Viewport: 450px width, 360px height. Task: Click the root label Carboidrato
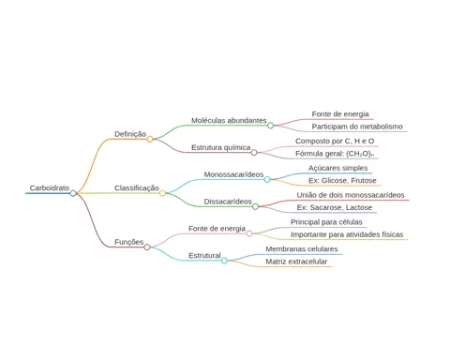(x=50, y=188)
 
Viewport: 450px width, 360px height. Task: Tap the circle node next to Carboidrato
(x=73, y=193)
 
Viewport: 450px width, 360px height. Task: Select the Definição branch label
(x=130, y=134)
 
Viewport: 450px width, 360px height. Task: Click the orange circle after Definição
(x=150, y=139)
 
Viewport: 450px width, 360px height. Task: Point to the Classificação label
(x=137, y=188)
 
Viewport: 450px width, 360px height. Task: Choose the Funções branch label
(x=128, y=242)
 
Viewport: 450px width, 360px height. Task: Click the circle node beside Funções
(x=147, y=247)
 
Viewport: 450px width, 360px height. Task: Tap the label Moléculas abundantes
(x=229, y=121)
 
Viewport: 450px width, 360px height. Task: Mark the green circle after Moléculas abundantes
(x=271, y=126)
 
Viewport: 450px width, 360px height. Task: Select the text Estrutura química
(x=221, y=147)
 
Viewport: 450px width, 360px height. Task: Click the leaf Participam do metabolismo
(x=357, y=127)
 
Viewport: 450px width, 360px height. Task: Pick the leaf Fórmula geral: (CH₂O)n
(x=335, y=154)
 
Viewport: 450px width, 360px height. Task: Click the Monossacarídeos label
(x=233, y=174)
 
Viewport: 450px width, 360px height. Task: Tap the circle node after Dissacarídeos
(x=255, y=206)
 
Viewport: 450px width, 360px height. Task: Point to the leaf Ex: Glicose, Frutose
(x=342, y=181)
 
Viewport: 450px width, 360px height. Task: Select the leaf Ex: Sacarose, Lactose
(x=335, y=207)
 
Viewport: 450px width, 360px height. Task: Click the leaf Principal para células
(x=326, y=222)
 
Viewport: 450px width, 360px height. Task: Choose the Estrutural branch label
(x=204, y=256)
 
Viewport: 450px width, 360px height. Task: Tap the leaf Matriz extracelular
(x=296, y=262)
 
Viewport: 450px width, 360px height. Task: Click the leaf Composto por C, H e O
(x=335, y=142)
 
